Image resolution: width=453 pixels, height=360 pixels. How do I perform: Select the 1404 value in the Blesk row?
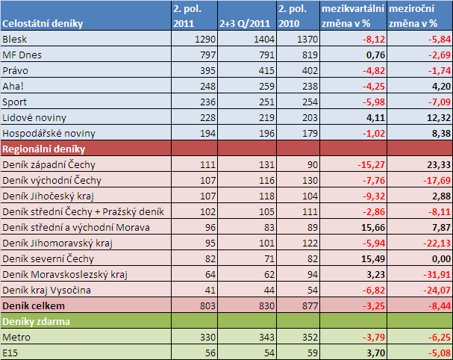[x=260, y=39]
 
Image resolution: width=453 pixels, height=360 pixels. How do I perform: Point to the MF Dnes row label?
[x=23, y=55]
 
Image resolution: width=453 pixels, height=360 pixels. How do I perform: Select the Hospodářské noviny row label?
[x=49, y=133]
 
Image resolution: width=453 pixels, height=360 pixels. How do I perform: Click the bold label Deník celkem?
[x=35, y=305]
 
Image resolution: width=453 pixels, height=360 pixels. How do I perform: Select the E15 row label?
[x=11, y=353]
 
